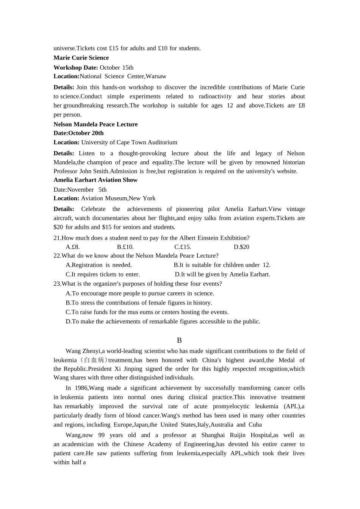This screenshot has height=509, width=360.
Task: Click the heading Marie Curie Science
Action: click(81, 58)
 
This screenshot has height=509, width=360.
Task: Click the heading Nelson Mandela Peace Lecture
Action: click(95, 124)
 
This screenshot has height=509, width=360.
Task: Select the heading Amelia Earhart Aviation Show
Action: click(95, 180)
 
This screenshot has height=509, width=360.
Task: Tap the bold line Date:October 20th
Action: click(78, 133)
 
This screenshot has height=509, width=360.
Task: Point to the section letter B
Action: click(179, 340)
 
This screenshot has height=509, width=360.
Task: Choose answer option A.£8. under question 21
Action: click(73, 247)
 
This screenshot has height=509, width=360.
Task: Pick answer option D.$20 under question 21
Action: click(241, 247)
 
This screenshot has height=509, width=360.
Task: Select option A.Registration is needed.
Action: click(99, 265)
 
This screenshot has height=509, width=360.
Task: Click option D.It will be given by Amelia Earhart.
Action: click(222, 274)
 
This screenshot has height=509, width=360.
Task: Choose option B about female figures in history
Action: click(139, 303)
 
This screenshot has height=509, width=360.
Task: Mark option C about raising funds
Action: click(147, 312)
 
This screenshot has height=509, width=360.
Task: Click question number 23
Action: click(57, 284)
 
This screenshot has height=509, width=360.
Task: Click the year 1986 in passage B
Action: click(80, 388)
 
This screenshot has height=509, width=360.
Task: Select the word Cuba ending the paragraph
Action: click(255, 425)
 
